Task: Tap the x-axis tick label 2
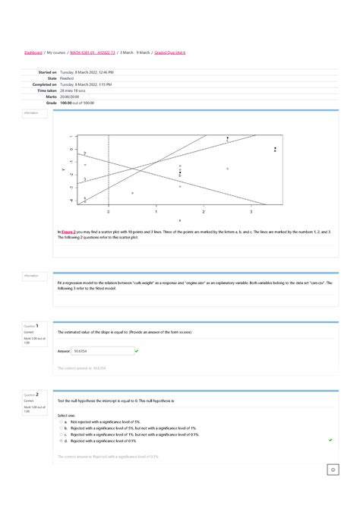[x=204, y=210]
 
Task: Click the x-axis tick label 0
[x=108, y=210]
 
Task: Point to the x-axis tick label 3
[x=251, y=210]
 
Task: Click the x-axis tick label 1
[x=156, y=210]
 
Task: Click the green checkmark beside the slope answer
[x=136, y=351]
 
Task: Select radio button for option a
[x=60, y=422]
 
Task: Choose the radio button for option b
[x=60, y=428]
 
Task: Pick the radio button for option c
[x=60, y=434]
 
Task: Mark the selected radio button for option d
[x=60, y=440]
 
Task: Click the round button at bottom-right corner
[x=333, y=470]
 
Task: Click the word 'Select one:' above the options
[x=67, y=416]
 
